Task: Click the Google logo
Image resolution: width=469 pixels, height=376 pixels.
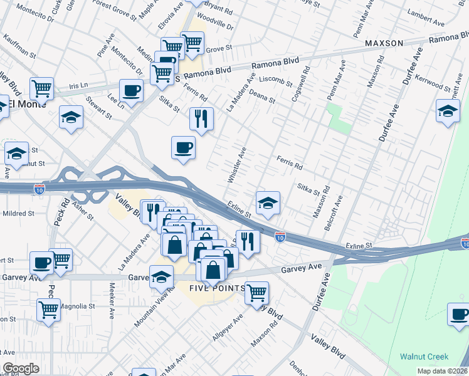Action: pos(21,368)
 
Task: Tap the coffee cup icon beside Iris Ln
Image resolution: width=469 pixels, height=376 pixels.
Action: pos(131,90)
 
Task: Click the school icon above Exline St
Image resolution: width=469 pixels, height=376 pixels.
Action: pos(268,202)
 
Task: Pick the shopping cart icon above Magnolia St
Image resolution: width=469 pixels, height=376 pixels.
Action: pos(49,308)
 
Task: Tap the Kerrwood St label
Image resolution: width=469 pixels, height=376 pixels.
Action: pos(445,79)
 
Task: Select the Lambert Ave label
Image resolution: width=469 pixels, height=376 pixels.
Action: pos(425,29)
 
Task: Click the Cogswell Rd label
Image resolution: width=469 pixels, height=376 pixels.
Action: pos(300,85)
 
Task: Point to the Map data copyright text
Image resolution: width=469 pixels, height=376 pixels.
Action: pos(442,371)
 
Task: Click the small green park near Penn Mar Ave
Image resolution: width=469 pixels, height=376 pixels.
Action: pos(339,118)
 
